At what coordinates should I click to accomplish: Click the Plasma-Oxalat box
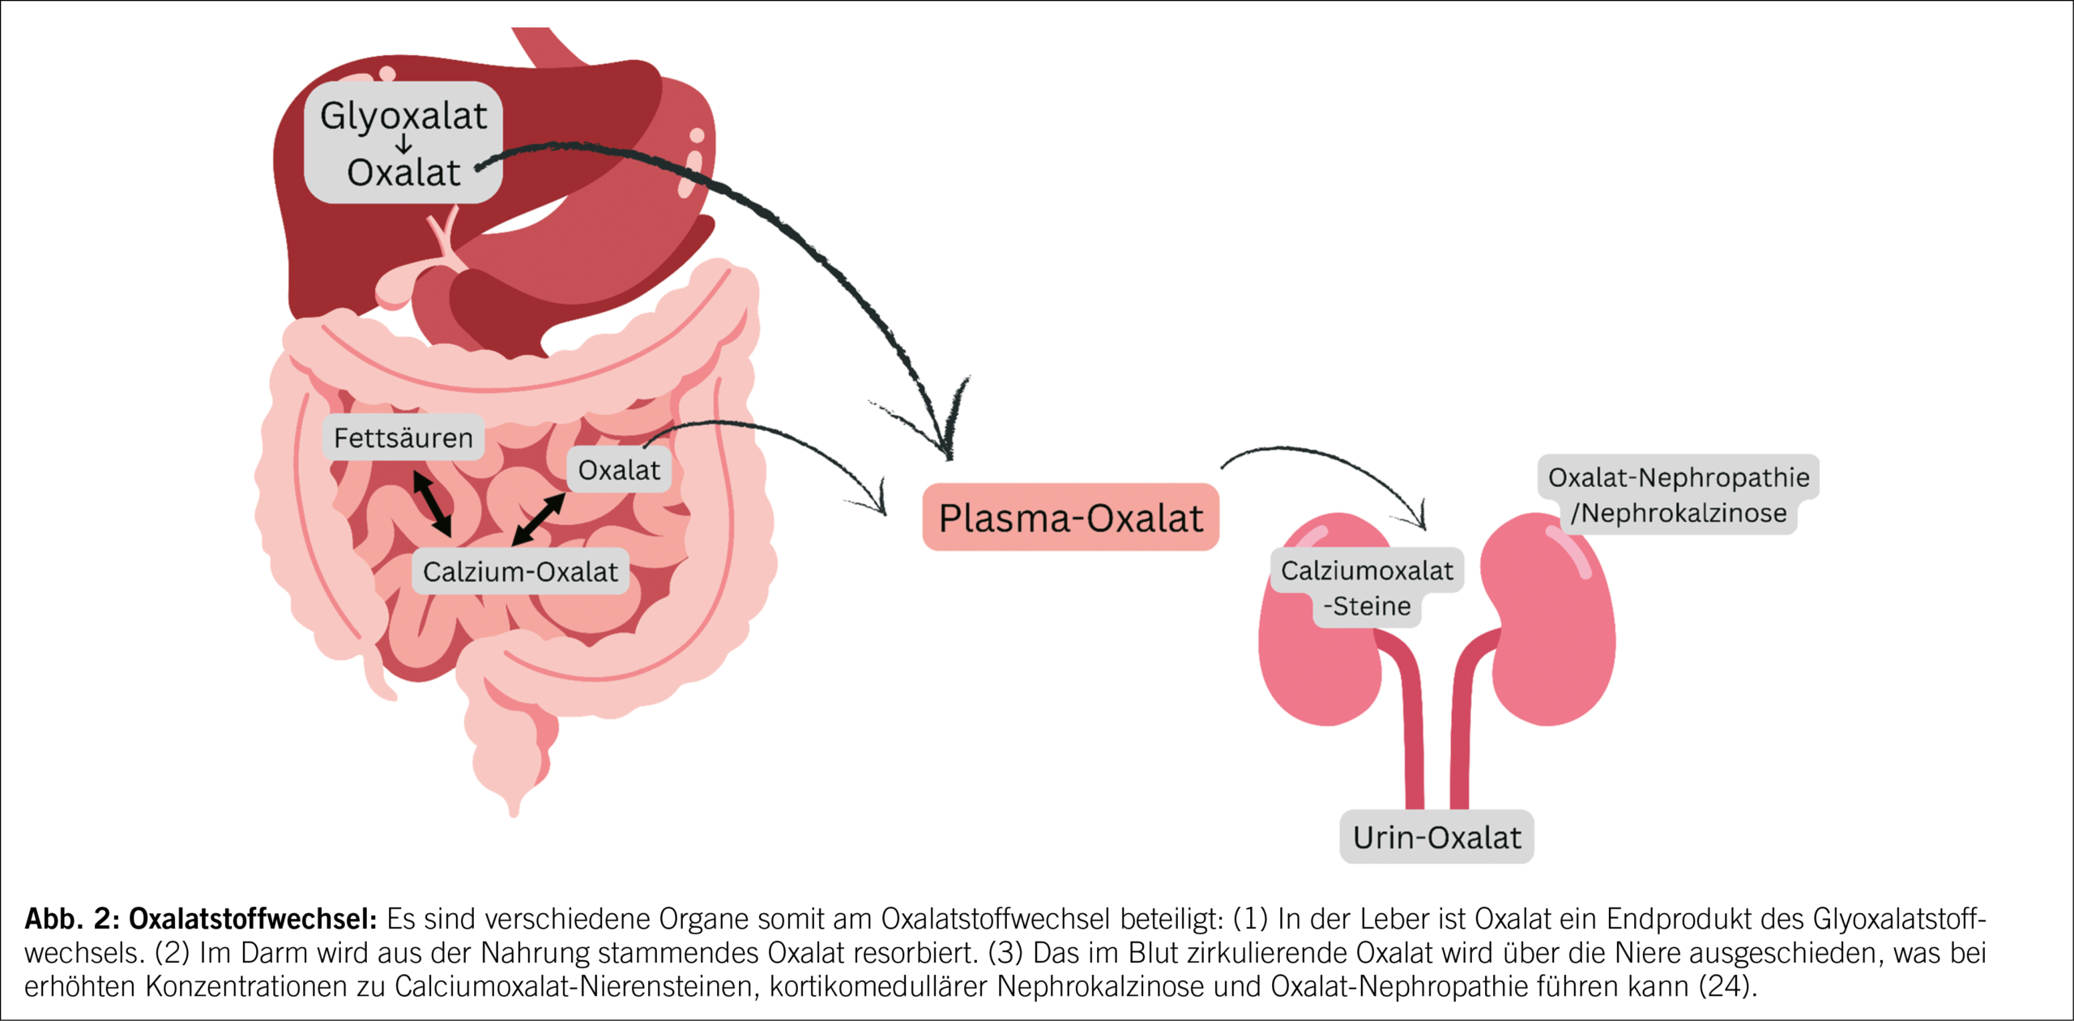tap(1070, 518)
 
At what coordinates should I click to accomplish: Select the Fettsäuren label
tap(403, 438)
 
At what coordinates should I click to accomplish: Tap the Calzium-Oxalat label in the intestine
tap(520, 572)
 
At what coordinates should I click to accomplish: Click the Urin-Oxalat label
tap(1436, 837)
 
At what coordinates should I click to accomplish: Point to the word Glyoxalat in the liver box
tap(403, 116)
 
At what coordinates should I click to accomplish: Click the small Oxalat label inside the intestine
tap(619, 470)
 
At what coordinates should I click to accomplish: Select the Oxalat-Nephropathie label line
tap(1678, 477)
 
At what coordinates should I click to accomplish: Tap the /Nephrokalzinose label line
tap(1678, 514)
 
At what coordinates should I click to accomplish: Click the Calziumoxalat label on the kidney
tap(1367, 571)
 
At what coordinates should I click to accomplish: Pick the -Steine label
tap(1367, 606)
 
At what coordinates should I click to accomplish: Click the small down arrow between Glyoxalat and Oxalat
tap(403, 145)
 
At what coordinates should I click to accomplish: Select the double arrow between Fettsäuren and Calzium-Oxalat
tap(432, 503)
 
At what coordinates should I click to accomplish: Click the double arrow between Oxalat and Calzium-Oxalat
tap(539, 519)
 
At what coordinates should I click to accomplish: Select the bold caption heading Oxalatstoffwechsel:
tap(253, 919)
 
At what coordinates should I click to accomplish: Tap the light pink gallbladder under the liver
tap(397, 288)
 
